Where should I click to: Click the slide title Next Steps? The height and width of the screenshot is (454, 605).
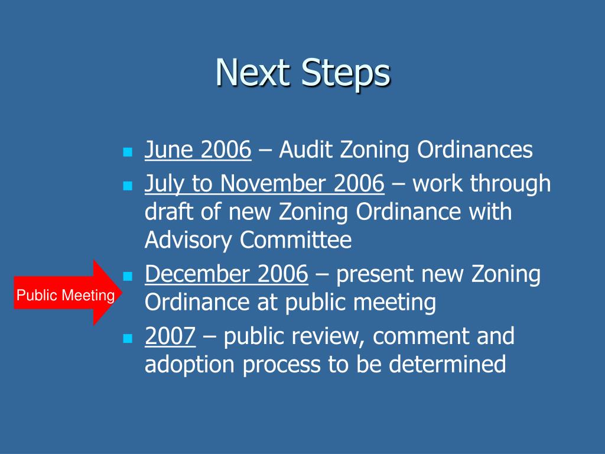[302, 74]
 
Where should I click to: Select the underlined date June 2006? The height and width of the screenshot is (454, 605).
[198, 151]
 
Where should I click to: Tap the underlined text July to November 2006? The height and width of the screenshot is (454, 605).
[264, 184]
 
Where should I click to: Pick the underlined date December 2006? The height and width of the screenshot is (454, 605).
[226, 275]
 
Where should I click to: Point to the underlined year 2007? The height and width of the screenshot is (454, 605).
[170, 337]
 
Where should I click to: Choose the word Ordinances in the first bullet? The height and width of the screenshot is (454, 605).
[475, 151]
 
